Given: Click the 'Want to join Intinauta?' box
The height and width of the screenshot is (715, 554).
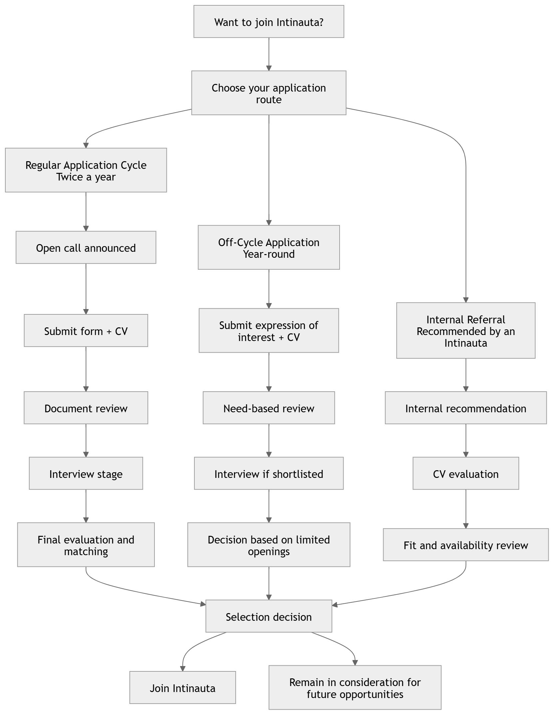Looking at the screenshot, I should [269, 22].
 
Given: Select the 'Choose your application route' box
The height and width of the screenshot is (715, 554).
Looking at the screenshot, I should [269, 93].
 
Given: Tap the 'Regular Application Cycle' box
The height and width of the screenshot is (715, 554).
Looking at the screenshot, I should [86, 170].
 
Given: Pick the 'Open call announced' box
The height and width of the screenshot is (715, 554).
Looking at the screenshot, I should [86, 248].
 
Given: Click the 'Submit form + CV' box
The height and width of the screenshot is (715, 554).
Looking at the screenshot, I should [86, 331].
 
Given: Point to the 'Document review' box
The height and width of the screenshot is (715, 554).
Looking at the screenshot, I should [86, 408].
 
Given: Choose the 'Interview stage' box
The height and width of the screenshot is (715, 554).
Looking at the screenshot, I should [86, 473].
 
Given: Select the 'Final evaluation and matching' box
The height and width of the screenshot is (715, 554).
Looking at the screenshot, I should [86, 545].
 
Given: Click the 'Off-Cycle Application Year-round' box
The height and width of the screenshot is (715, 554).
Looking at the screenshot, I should [269, 247].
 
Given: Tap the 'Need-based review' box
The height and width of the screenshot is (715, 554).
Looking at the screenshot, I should [269, 408].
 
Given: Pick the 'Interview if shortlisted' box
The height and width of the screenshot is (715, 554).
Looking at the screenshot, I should [269, 473].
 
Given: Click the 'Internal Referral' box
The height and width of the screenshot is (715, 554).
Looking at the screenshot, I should [466, 331].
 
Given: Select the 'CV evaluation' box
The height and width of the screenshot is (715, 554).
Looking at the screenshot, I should [466, 473].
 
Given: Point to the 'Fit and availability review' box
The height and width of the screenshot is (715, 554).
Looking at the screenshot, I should [466, 545].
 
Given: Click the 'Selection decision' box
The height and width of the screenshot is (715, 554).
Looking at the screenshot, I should [269, 616].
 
